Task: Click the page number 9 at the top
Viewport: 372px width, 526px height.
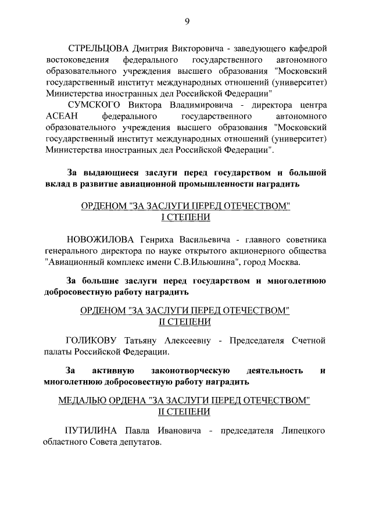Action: click(187, 22)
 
